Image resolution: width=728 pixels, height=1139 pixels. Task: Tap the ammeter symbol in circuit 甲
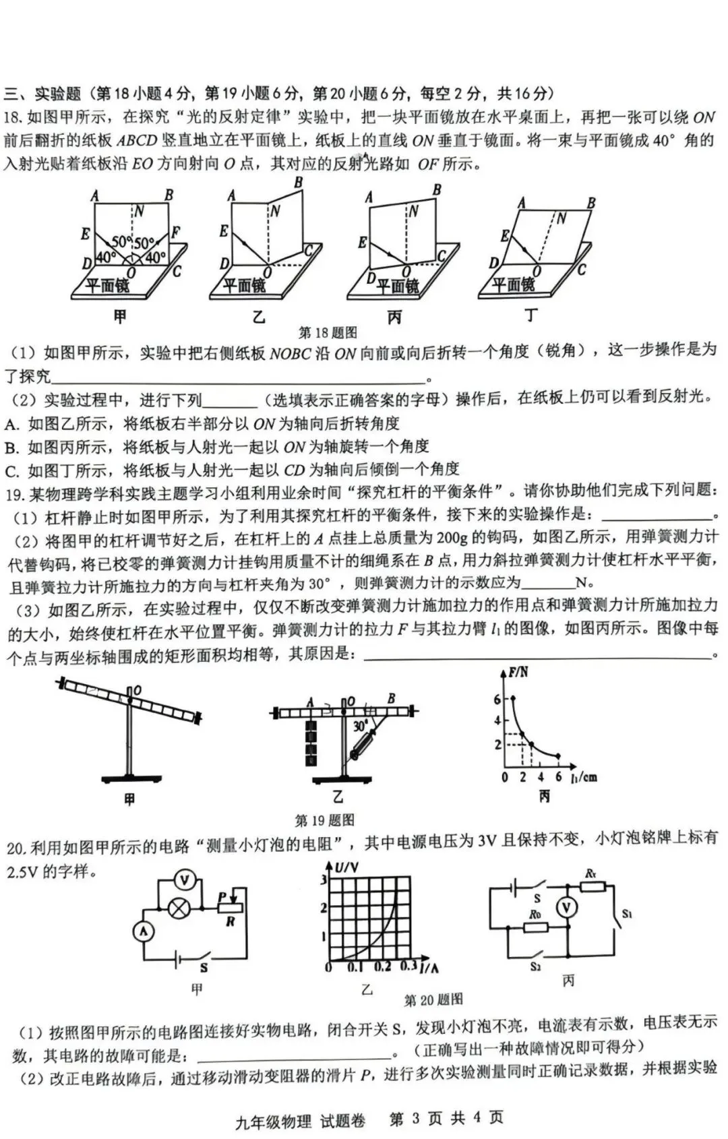(143, 932)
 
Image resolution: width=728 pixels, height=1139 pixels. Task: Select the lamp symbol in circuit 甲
(179, 908)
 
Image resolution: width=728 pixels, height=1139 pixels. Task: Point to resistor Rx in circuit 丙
(593, 886)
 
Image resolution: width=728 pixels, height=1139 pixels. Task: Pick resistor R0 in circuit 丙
(536, 927)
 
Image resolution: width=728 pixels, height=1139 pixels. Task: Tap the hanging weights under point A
(310, 743)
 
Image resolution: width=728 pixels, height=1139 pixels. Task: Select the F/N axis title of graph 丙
(518, 673)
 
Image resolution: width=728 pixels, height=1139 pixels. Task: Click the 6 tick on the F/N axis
(497, 699)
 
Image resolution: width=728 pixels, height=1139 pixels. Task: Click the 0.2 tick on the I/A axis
(382, 967)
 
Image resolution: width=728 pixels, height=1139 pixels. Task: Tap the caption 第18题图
(328, 332)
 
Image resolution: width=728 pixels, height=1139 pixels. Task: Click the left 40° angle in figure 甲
(105, 257)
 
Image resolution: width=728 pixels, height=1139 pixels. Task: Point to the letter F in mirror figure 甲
(176, 233)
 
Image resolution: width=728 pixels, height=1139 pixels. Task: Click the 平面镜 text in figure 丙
(397, 286)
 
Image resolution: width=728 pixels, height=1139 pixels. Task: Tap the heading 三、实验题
(42, 94)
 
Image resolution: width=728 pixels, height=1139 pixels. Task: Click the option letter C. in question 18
(12, 470)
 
